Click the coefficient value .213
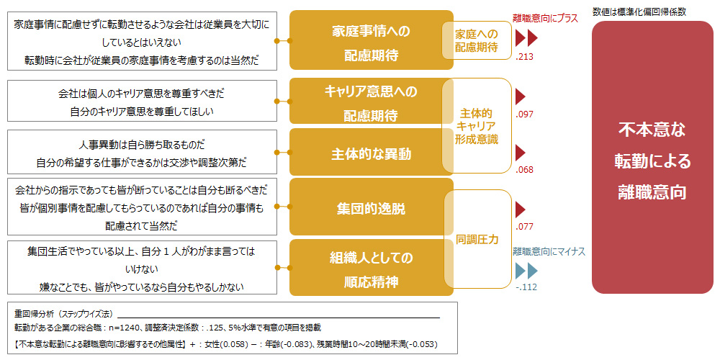tap(524, 58)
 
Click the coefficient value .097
tap(524, 114)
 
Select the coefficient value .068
tap(524, 170)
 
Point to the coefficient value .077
tap(524, 226)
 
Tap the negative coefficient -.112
tap(526, 287)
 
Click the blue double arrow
tap(526, 271)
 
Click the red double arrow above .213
tap(526, 39)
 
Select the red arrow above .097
tap(521, 97)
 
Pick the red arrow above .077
tap(521, 210)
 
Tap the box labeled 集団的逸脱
tap(371, 207)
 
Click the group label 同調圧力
tap(477, 239)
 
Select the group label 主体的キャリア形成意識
tap(477, 126)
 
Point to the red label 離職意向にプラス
tap(545, 19)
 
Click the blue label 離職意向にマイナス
tap(549, 251)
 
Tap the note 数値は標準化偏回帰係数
tap(639, 12)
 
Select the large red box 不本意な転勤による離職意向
tap(652, 157)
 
